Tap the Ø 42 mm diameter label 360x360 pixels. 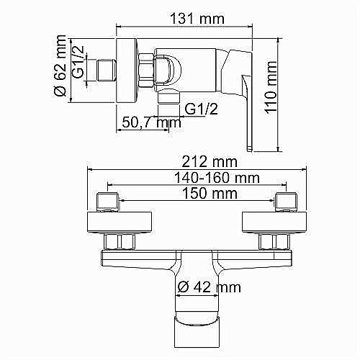pos(208,287)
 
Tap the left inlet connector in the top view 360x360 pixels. pos(108,201)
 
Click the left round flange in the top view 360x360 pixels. pos(119,222)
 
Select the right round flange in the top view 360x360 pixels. pos(274,222)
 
